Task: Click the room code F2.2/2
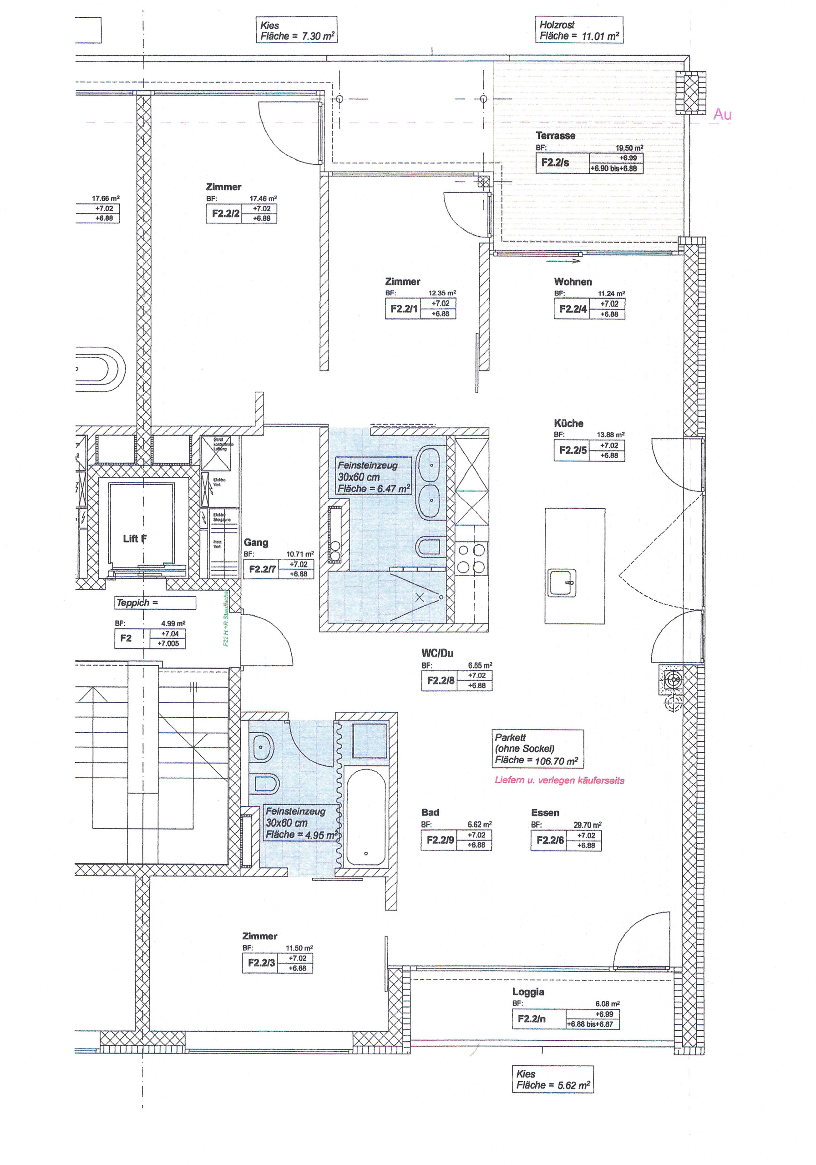point(225,213)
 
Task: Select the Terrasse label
point(555,136)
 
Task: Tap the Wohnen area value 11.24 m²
point(611,293)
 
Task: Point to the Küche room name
point(568,423)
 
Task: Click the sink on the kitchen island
point(562,582)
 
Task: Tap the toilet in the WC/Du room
point(429,547)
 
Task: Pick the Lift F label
point(134,538)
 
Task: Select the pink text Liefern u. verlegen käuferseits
point(559,780)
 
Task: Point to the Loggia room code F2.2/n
point(531,1019)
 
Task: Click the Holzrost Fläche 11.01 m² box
point(579,30)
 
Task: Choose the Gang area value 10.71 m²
point(300,554)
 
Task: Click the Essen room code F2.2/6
point(550,840)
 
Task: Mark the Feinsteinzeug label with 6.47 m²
point(374,477)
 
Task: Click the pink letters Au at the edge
point(722,114)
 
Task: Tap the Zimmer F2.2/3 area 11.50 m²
point(299,948)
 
